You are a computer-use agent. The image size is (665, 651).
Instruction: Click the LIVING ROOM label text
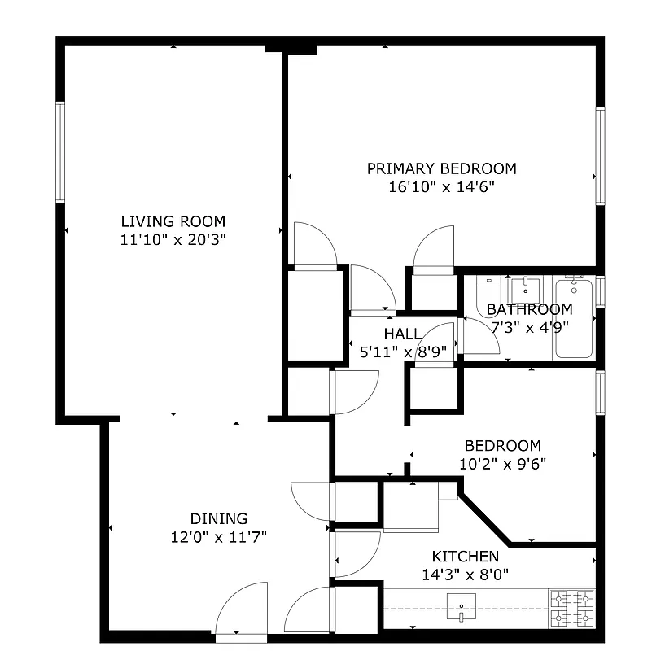(173, 221)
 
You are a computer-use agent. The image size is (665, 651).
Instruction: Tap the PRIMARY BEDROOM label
(441, 168)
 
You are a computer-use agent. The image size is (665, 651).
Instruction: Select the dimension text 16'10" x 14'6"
(441, 187)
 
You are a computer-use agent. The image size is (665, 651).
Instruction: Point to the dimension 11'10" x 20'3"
(173, 240)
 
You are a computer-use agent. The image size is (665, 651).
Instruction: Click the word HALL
(403, 334)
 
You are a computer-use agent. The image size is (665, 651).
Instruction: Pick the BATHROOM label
(529, 309)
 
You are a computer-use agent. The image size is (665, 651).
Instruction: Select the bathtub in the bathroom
(574, 318)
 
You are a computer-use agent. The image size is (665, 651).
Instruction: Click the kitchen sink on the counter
(462, 603)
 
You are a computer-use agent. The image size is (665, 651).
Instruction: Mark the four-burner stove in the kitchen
(572, 609)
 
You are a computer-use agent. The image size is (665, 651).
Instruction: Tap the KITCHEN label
(465, 557)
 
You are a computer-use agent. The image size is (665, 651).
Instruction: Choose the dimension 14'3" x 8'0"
(465, 575)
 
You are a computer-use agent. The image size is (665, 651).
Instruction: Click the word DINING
(218, 518)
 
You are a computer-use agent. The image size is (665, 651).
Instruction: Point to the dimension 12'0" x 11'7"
(218, 537)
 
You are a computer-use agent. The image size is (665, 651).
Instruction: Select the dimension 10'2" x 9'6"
(502, 465)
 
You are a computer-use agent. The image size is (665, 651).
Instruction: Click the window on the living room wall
(60, 152)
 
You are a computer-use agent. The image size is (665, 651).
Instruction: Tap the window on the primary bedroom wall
(600, 155)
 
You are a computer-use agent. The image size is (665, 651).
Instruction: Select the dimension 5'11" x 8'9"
(403, 352)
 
